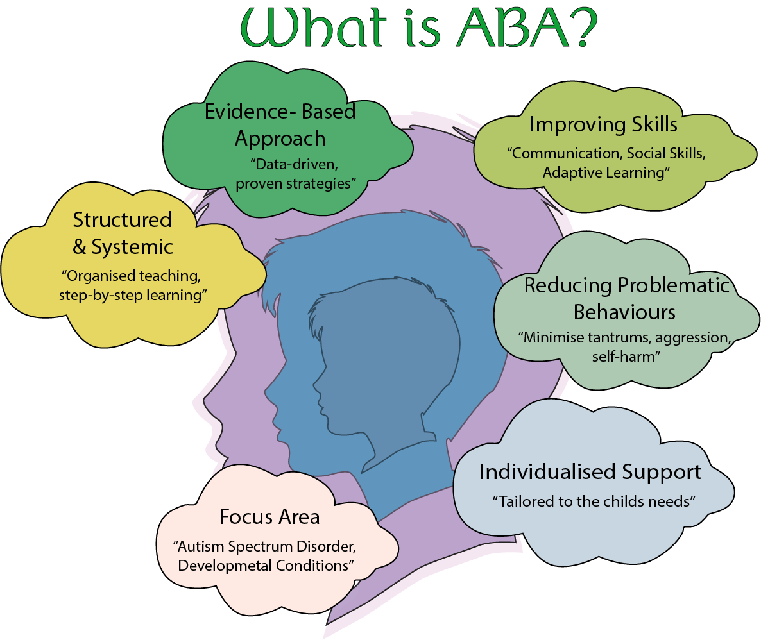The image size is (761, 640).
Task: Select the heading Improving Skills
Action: point(603,124)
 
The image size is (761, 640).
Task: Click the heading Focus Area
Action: point(269,517)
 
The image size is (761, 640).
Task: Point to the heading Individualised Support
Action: point(590,472)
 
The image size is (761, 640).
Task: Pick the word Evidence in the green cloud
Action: point(243,112)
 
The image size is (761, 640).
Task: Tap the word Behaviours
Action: point(624,312)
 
